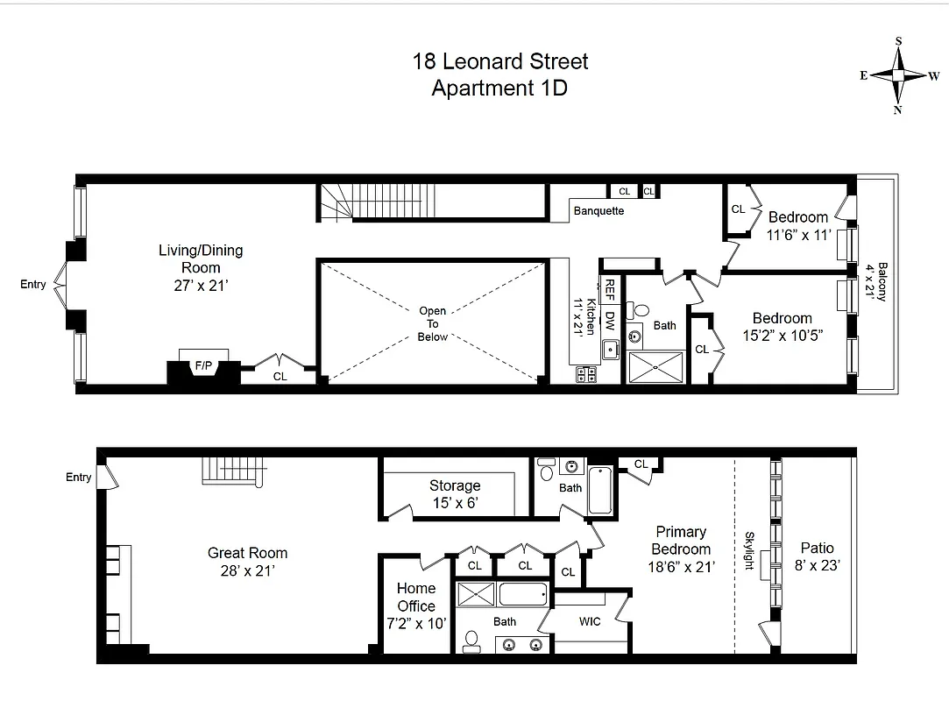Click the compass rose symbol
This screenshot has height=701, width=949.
point(898,75)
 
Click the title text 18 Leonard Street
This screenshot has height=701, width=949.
point(500,61)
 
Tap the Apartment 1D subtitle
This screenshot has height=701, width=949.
point(499,88)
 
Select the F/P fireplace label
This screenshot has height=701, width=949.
point(203,365)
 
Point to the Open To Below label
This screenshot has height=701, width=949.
point(432,323)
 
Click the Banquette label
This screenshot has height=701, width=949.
point(598,211)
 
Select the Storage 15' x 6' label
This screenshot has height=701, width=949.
point(454,494)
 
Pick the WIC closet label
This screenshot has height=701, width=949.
point(590,621)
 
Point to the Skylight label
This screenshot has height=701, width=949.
point(750,550)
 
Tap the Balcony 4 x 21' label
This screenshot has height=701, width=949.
point(876,281)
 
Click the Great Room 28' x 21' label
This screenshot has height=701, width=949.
point(247,562)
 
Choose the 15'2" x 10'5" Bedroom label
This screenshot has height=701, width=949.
point(782,326)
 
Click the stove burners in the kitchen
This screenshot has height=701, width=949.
point(586,375)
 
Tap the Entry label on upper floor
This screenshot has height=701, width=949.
point(33,284)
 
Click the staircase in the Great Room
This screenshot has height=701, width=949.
point(233,471)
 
